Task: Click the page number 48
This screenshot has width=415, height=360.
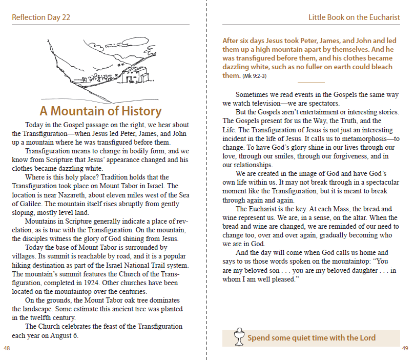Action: pyautogui.click(x=7, y=349)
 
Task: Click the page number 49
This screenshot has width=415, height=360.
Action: pyautogui.click(x=405, y=349)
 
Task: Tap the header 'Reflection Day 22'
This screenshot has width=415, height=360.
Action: pyautogui.click(x=41, y=17)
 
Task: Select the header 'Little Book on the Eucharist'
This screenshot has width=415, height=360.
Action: pyautogui.click(x=354, y=17)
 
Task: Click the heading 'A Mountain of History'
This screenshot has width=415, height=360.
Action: pyautogui.click(x=100, y=111)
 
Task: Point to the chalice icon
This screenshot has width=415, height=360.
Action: pyautogui.click(x=237, y=337)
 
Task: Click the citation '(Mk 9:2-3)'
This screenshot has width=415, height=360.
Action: pyautogui.click(x=254, y=76)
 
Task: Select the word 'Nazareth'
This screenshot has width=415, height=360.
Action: pyautogui.click(x=61, y=195)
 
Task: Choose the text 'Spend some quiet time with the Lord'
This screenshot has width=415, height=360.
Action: pyautogui.click(x=312, y=338)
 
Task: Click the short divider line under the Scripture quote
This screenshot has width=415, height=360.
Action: pyautogui.click(x=311, y=83)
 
